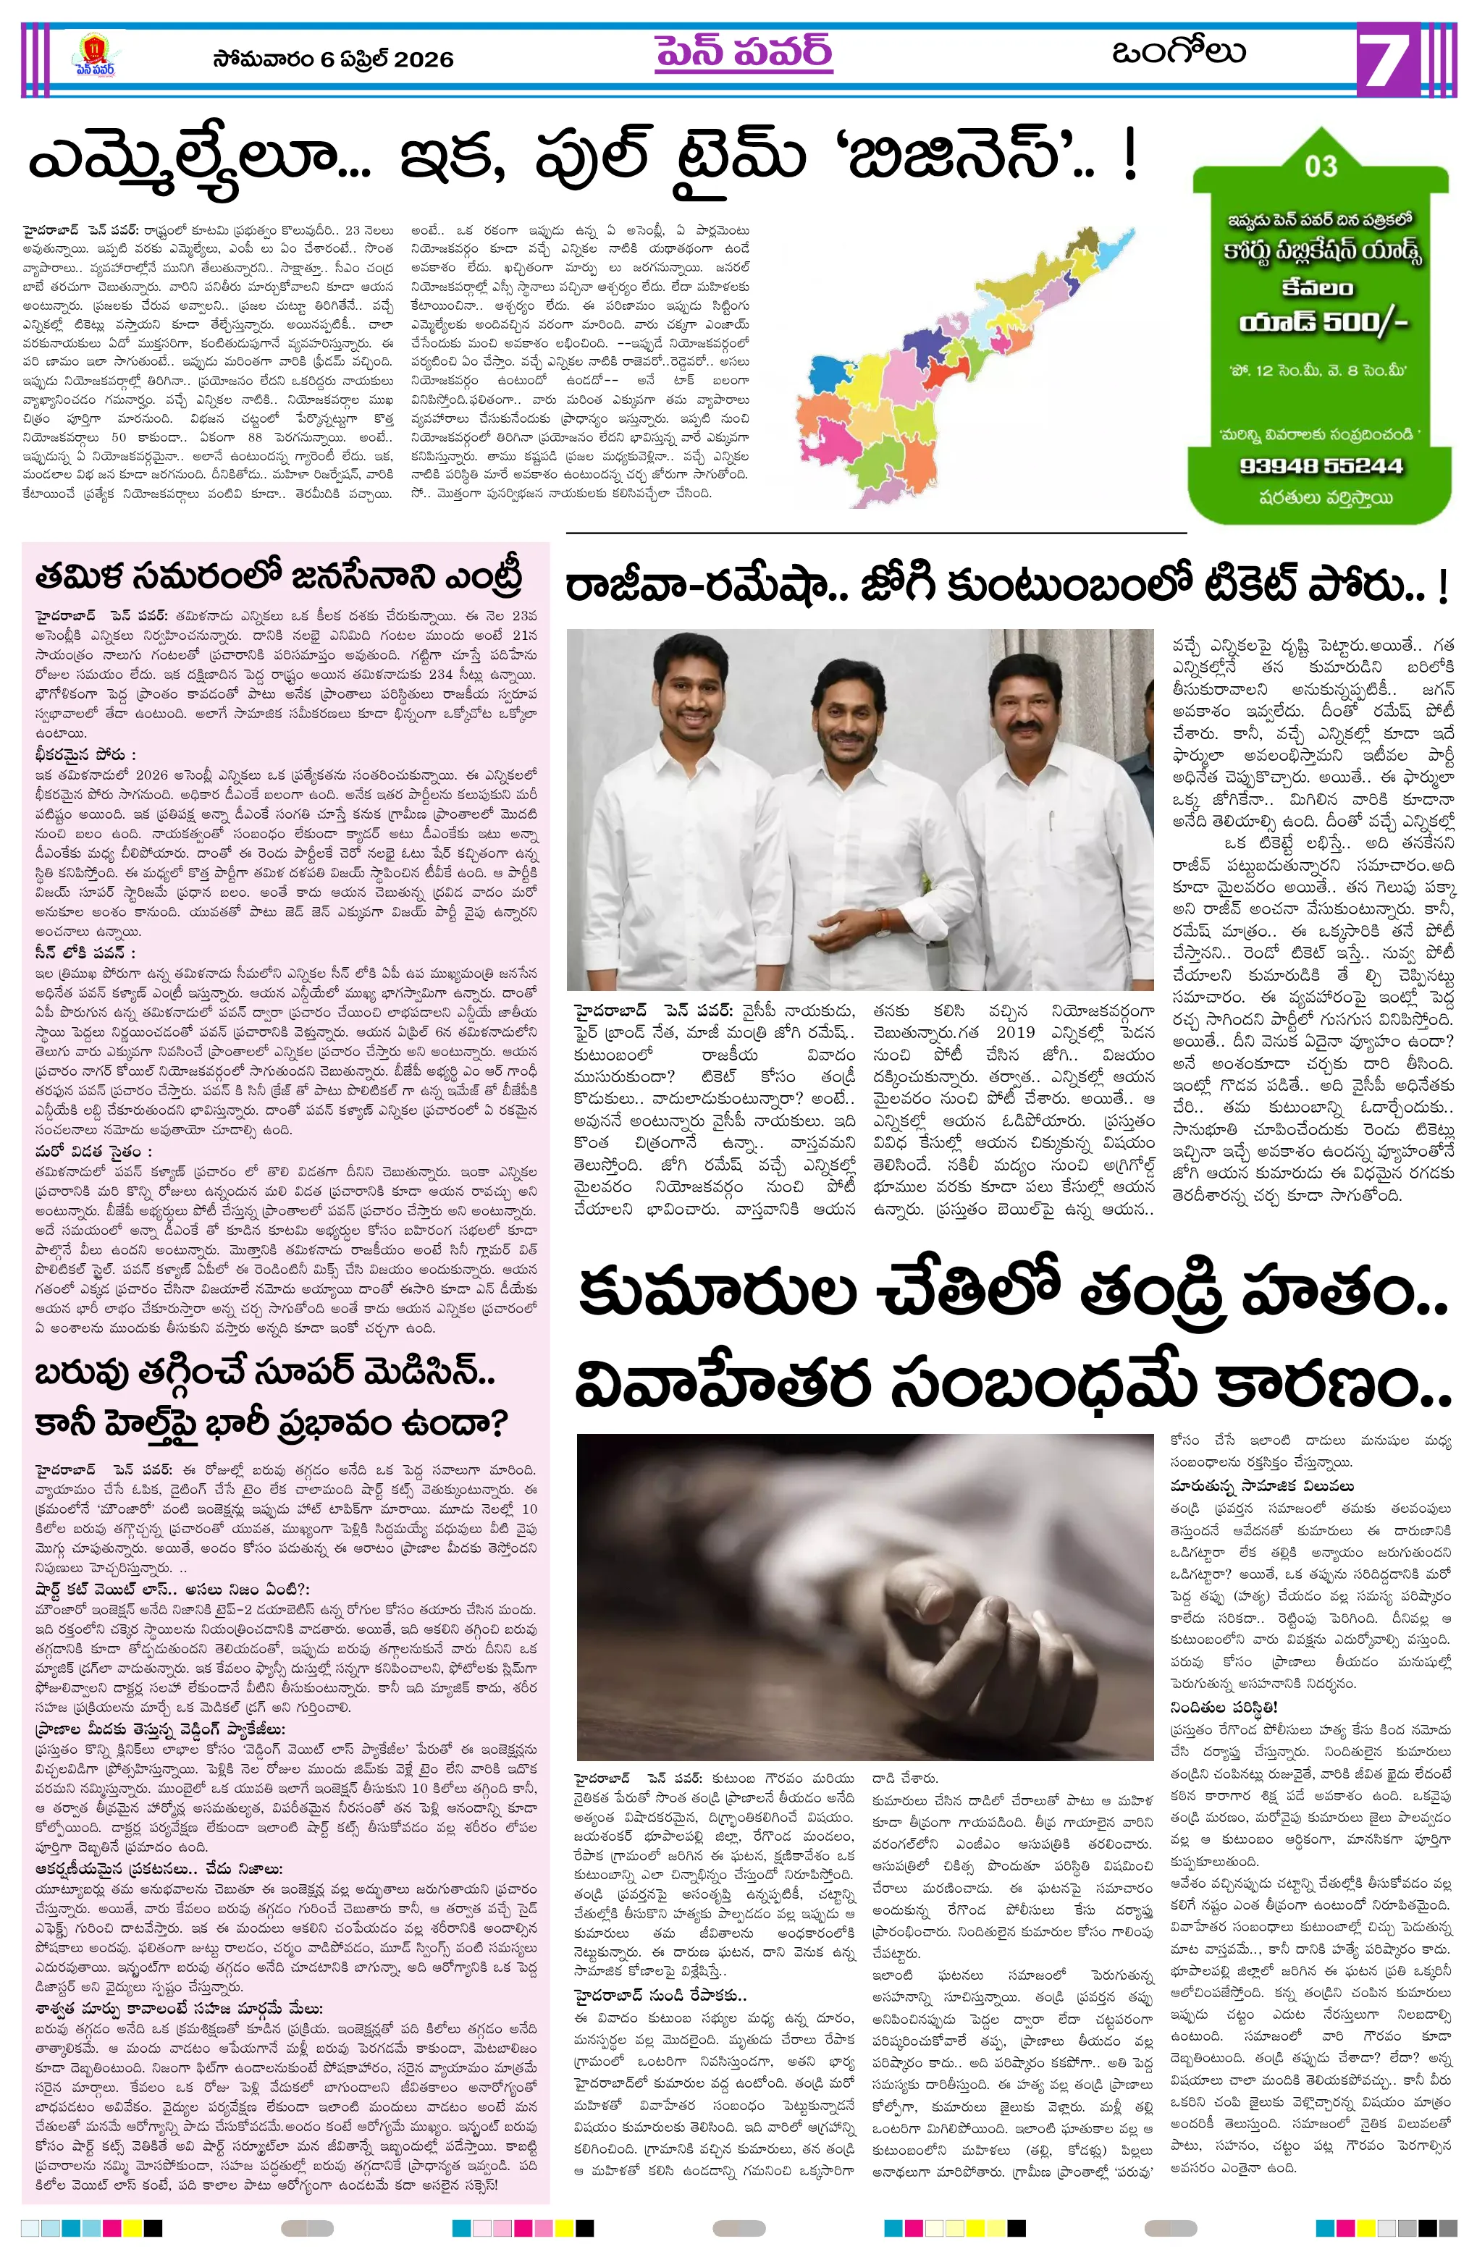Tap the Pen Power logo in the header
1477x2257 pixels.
point(94,58)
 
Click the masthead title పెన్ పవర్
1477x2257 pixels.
point(743,54)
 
